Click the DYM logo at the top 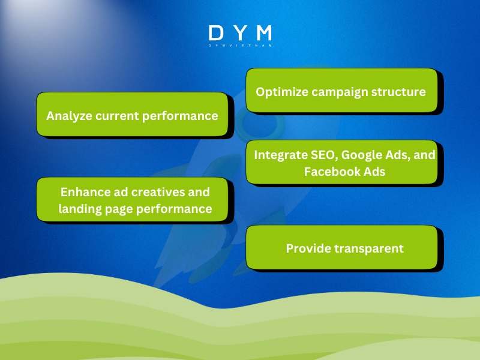click(x=240, y=33)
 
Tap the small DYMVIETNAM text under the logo click(x=240, y=46)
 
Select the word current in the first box click(x=116, y=116)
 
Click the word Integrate click(x=281, y=155)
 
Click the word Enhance click(x=84, y=192)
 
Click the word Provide click(x=308, y=248)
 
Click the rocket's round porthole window click(x=254, y=123)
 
